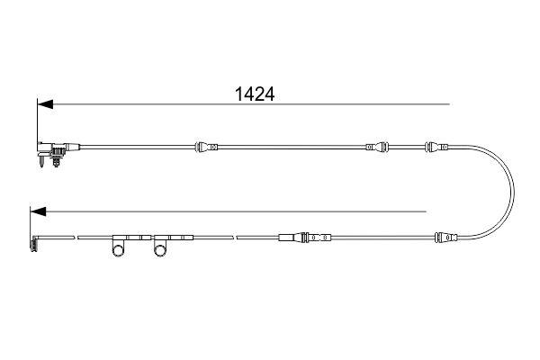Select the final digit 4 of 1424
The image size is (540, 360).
click(266, 93)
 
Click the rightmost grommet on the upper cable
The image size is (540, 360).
click(435, 145)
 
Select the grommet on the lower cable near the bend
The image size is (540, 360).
click(445, 238)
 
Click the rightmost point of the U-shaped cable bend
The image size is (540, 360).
click(514, 191)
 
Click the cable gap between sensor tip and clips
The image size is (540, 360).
click(75, 238)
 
